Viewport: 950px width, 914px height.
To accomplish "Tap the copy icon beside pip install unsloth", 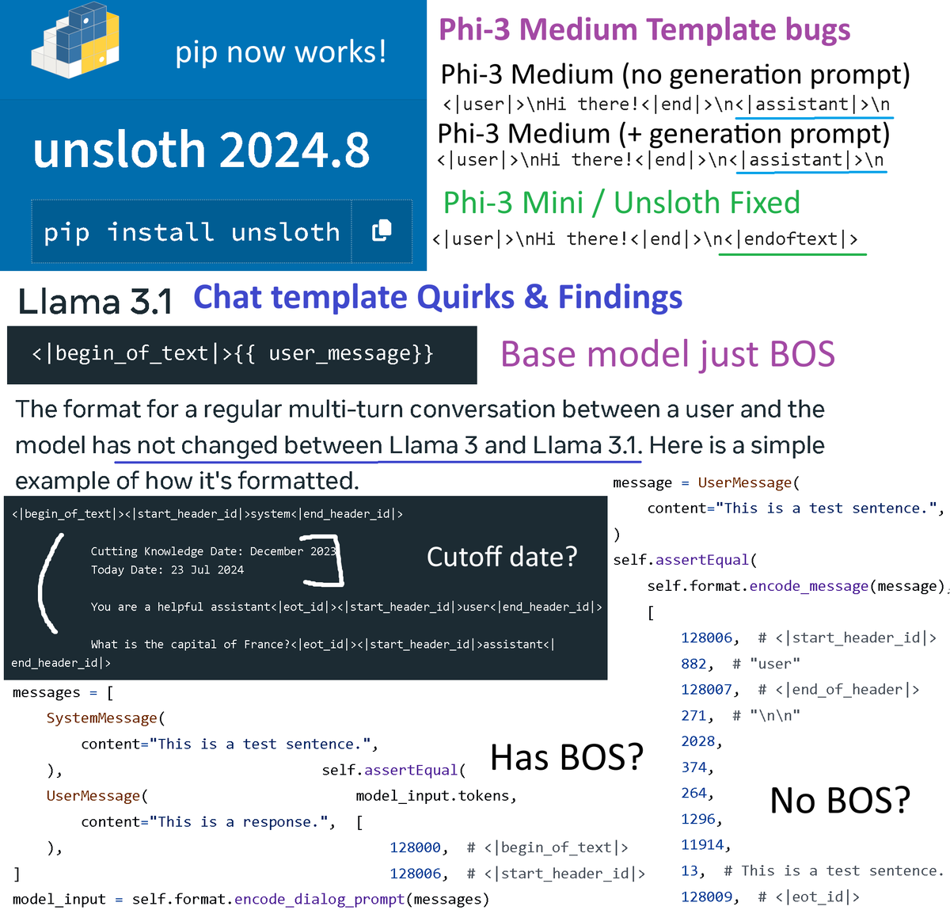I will [x=382, y=230].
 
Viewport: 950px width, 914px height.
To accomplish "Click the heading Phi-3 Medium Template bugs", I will [x=644, y=30].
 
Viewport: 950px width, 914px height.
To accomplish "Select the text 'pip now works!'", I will [x=281, y=52].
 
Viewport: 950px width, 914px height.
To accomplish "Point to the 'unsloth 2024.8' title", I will [x=201, y=150].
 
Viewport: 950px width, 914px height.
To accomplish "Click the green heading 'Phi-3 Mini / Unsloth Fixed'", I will [x=621, y=203].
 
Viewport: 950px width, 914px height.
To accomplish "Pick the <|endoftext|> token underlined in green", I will [x=795, y=239].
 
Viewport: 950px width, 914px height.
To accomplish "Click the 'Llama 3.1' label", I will [x=95, y=302].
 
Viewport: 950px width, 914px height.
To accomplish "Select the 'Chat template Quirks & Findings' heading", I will [x=438, y=298].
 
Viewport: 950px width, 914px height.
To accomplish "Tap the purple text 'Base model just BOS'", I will [x=667, y=354].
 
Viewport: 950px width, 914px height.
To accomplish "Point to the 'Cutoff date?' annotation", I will [x=502, y=557].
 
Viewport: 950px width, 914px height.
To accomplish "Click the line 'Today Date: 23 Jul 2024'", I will [x=167, y=570].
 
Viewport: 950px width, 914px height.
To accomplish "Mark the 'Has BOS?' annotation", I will [x=566, y=757].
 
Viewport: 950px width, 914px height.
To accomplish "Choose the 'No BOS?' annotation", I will [x=840, y=801].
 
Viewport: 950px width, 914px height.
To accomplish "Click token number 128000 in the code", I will [x=415, y=847].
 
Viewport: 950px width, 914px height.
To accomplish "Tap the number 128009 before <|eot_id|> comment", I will [x=706, y=897].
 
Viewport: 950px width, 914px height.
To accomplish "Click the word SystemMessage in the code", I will [x=101, y=718].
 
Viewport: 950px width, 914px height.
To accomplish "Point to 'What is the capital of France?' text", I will [x=190, y=645].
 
